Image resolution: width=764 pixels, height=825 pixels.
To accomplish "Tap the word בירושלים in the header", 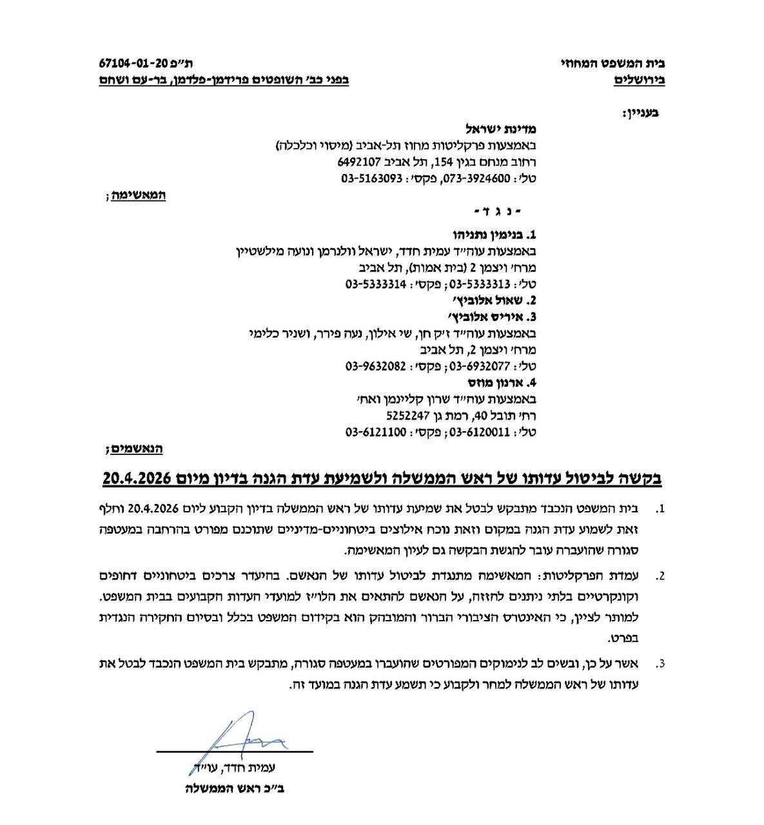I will point(638,82).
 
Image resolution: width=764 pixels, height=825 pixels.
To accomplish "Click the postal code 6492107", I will point(360,162).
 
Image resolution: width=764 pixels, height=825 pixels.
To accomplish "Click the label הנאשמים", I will point(137,448).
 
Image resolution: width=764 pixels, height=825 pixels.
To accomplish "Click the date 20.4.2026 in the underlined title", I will point(135,479).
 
